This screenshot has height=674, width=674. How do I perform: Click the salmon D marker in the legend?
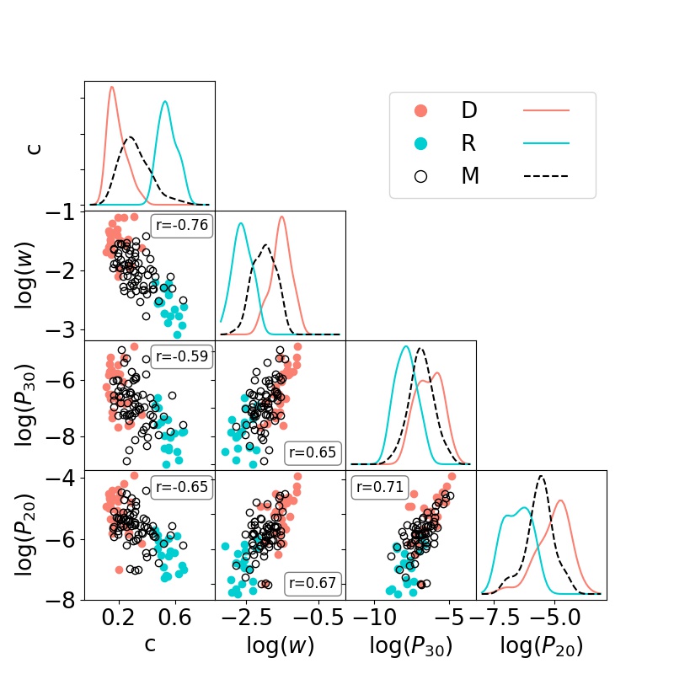click(421, 110)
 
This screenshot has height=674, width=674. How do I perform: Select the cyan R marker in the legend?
click(421, 143)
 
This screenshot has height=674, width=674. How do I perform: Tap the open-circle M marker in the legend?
click(421, 176)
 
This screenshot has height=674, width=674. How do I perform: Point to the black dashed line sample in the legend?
click(546, 176)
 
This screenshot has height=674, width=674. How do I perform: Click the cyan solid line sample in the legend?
click(546, 143)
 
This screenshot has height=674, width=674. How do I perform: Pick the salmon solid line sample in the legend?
click(546, 110)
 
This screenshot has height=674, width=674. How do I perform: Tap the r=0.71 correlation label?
click(378, 486)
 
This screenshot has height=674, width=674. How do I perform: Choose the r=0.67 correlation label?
click(313, 582)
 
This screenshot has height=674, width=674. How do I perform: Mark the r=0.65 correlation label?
click(313, 452)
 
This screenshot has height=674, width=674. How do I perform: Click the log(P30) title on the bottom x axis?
click(411, 646)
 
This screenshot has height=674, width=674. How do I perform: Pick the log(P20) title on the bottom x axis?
click(541, 646)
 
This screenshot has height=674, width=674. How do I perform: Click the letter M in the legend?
click(470, 176)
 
